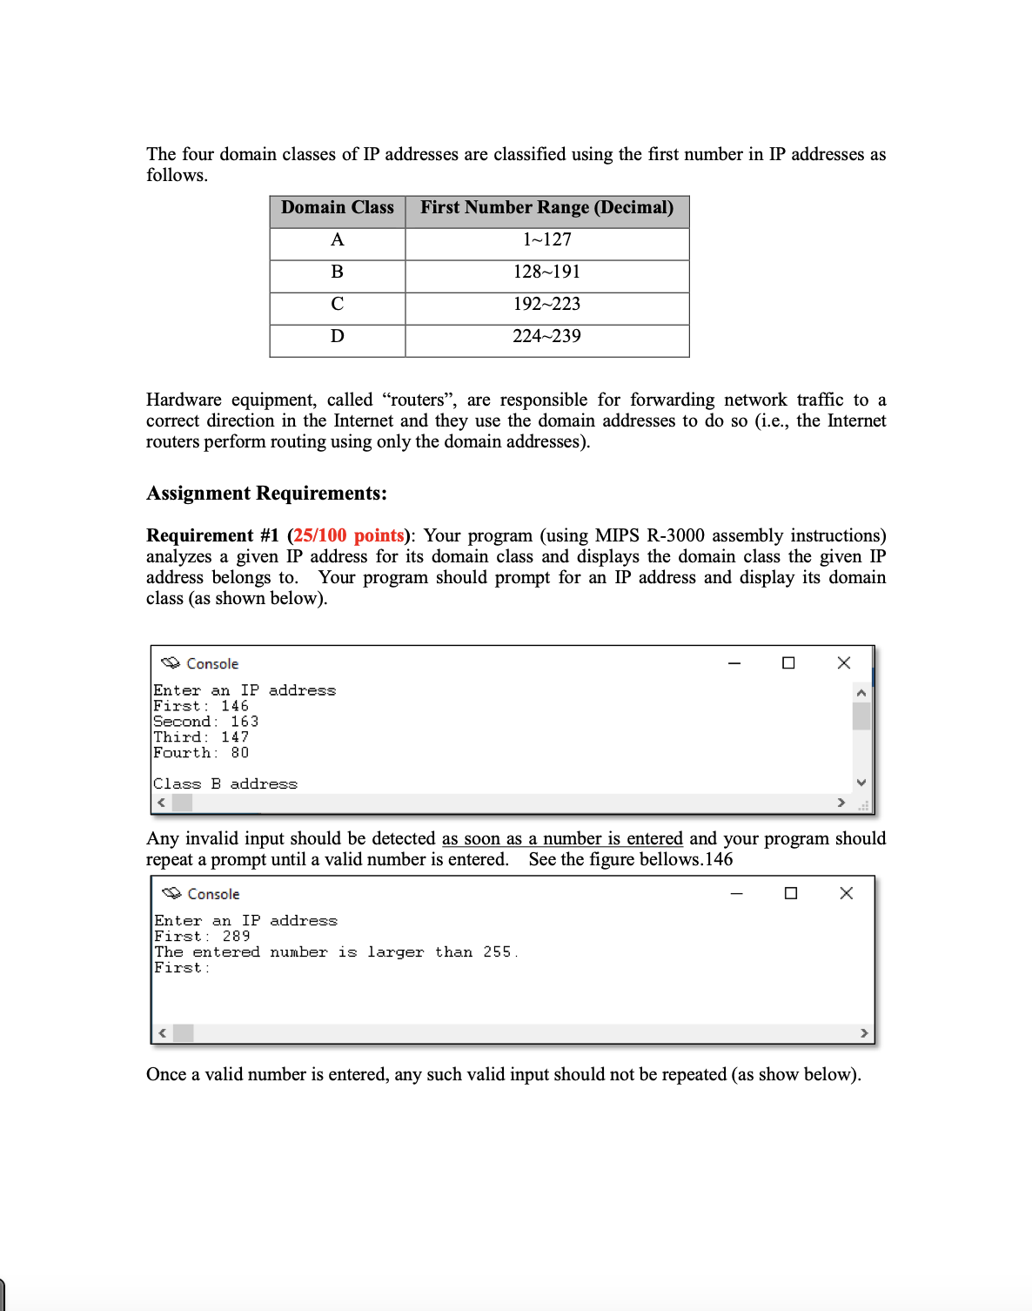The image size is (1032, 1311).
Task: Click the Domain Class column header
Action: (x=338, y=208)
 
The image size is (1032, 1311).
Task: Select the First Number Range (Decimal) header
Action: (x=546, y=208)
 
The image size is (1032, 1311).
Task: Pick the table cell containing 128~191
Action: (x=546, y=272)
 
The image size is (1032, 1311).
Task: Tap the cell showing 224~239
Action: (x=546, y=337)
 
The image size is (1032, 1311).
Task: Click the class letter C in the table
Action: (x=338, y=305)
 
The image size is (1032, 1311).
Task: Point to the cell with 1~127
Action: (x=546, y=240)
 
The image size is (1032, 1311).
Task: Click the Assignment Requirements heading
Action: (x=266, y=494)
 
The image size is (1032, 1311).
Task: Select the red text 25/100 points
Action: (x=349, y=535)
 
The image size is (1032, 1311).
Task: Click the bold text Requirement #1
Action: (x=212, y=535)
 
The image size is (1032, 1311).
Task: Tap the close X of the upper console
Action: (x=843, y=663)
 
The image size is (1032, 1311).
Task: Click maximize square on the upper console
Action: (x=788, y=663)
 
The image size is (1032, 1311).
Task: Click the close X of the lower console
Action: (x=846, y=893)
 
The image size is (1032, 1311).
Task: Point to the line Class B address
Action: (x=225, y=784)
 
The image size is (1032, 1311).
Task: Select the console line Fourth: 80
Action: (x=201, y=753)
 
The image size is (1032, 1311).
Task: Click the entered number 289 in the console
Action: (x=236, y=937)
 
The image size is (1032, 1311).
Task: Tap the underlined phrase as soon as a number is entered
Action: (x=562, y=838)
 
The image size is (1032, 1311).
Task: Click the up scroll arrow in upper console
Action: (x=861, y=693)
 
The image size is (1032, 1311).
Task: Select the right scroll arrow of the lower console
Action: (x=863, y=1033)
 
